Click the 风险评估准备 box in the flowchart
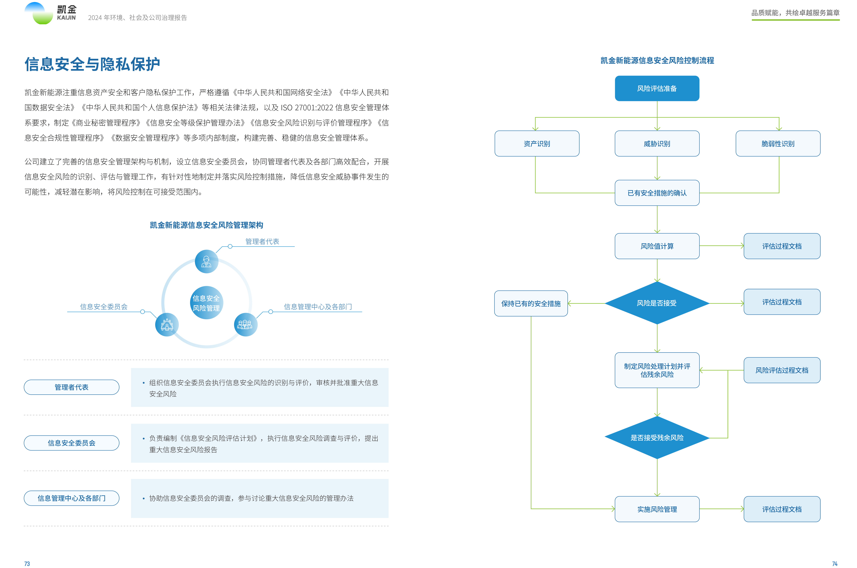(657, 88)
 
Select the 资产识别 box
(537, 143)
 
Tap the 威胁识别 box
(657, 143)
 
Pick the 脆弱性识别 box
(778, 143)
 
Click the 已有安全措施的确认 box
(657, 193)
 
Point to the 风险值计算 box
(657, 246)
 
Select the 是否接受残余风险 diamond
(657, 438)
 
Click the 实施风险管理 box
(657, 509)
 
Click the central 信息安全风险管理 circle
(206, 303)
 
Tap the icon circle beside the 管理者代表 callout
(206, 261)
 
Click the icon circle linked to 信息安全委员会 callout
(167, 325)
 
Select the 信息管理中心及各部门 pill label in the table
(71, 498)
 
